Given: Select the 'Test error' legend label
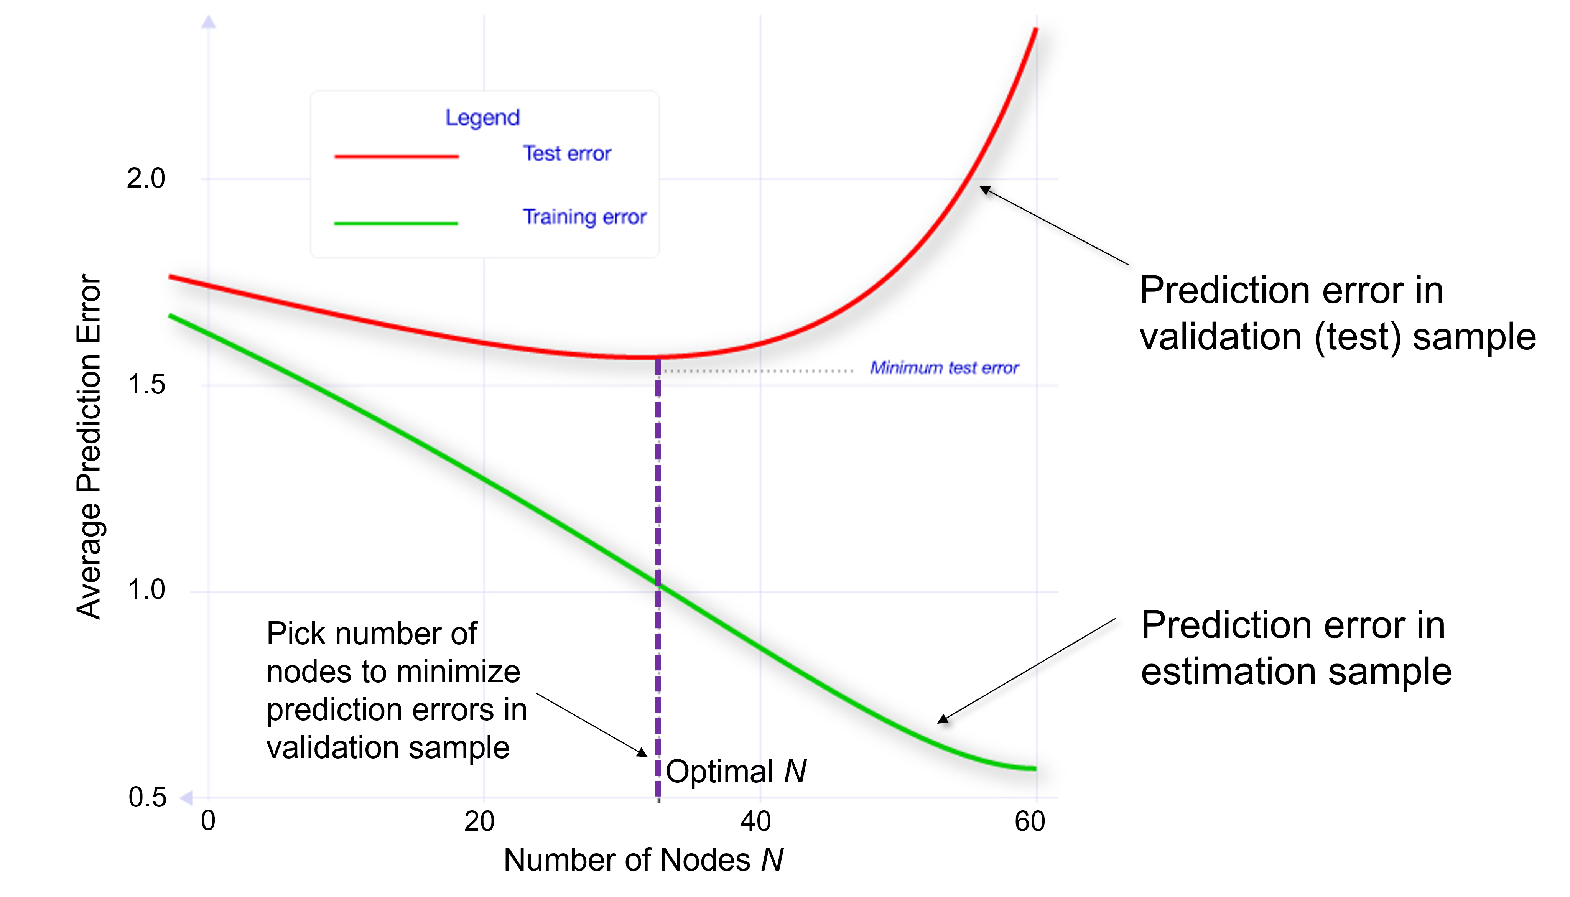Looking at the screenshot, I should pyautogui.click(x=567, y=153).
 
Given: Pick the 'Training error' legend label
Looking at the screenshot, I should pyautogui.click(x=584, y=217).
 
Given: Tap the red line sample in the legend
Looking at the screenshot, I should pyautogui.click(x=396, y=156).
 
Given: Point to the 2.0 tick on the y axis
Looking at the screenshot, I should pyautogui.click(x=146, y=179).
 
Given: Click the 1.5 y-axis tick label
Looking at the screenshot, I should pyautogui.click(x=146, y=384).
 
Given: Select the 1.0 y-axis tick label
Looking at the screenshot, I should pyautogui.click(x=146, y=589).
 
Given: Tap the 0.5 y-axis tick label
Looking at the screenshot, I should pyautogui.click(x=147, y=797).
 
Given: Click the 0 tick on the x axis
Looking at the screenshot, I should pyautogui.click(x=208, y=821).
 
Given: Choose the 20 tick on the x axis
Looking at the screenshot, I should pyautogui.click(x=479, y=821).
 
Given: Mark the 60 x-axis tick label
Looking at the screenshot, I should pyautogui.click(x=1030, y=821).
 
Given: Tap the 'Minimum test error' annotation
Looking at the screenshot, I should pyautogui.click(x=944, y=368).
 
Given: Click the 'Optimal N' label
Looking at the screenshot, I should pyautogui.click(x=736, y=771).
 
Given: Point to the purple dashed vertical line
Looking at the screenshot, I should pyautogui.click(x=658, y=493).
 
